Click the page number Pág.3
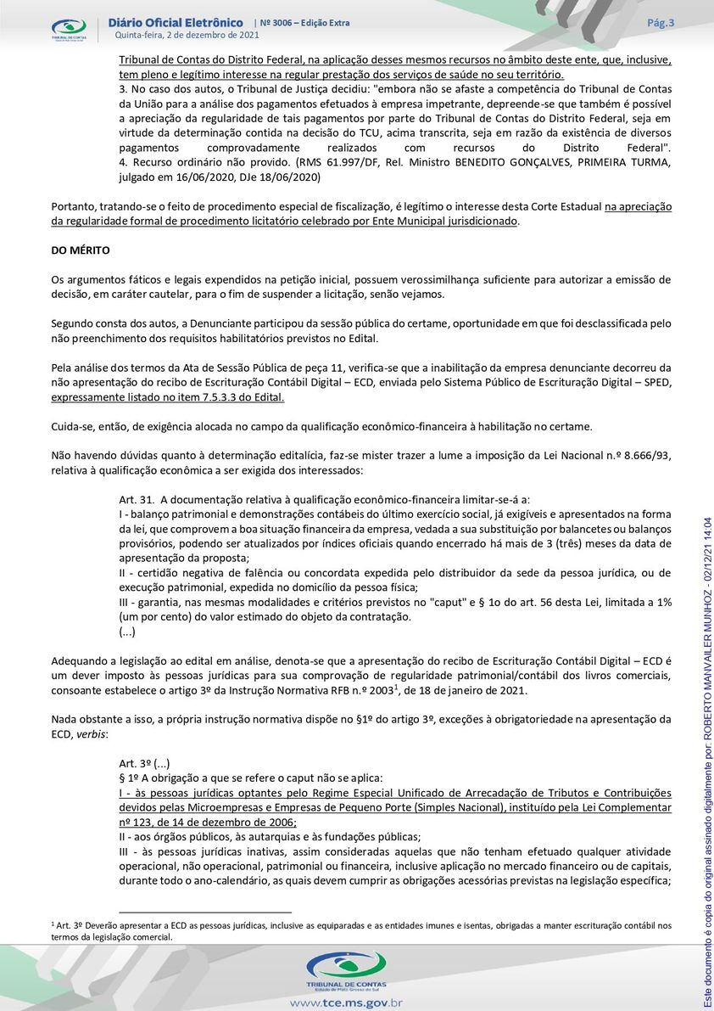tap(660, 23)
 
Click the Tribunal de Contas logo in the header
tap(69, 30)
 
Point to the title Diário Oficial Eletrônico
tap(176, 22)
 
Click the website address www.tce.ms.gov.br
tap(345, 1003)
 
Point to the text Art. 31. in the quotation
tap(136, 499)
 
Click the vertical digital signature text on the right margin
tap(706, 764)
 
